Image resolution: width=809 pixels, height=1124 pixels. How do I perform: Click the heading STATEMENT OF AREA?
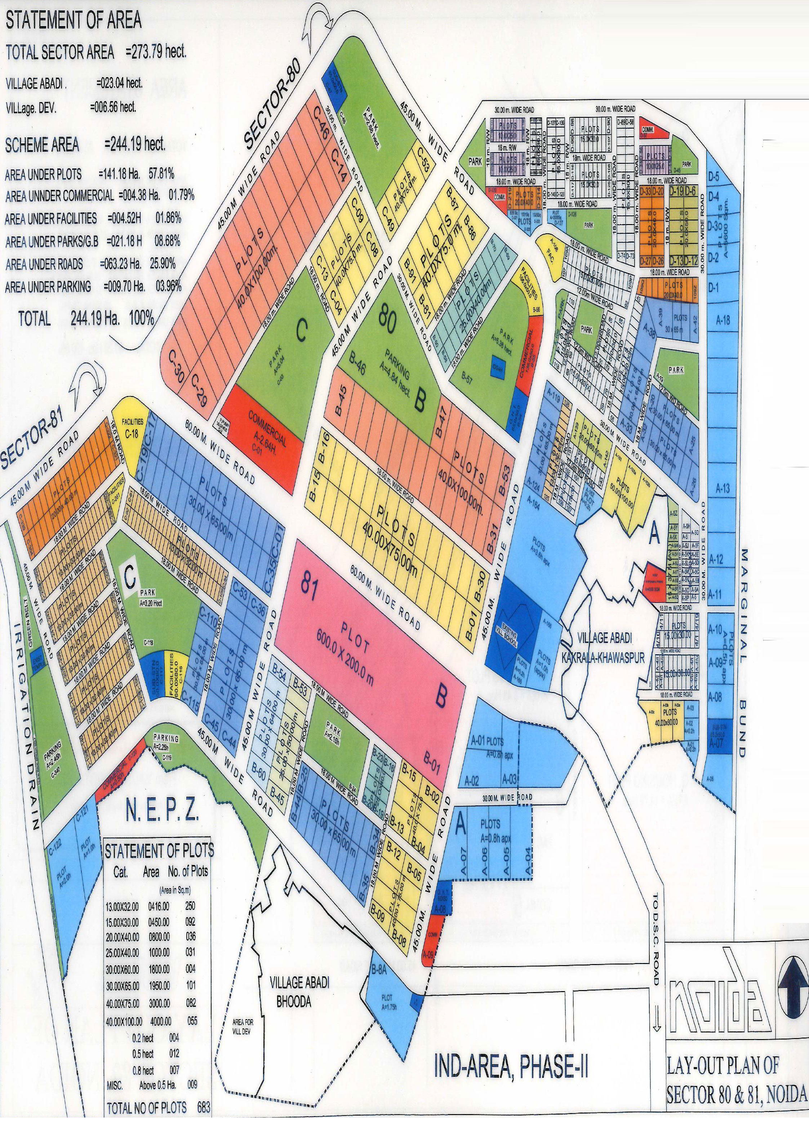[74, 20]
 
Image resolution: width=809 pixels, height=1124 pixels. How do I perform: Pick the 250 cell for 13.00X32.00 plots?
[190, 905]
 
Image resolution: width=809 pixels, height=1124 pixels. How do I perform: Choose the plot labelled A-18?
[723, 321]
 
